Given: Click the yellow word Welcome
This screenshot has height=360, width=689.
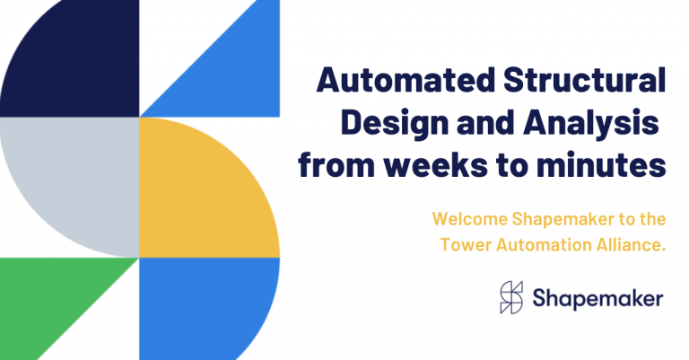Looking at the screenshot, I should [x=465, y=218].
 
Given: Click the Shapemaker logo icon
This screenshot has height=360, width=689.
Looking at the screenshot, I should [x=512, y=298].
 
